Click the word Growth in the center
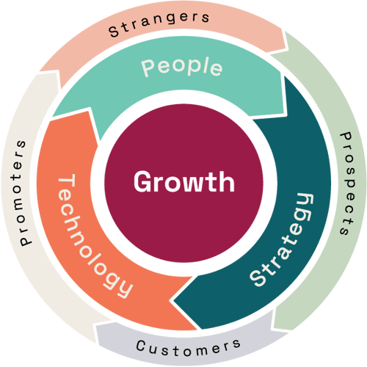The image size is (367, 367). pos(184,181)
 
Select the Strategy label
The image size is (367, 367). pos(281,239)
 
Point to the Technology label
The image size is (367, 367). pos(94,236)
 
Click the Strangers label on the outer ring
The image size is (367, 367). pos(159,23)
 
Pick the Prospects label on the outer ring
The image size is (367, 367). pos(346,183)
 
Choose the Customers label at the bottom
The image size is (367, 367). pos(189,347)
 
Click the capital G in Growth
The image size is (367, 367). pos(142,181)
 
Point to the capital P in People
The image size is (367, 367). pos(148,68)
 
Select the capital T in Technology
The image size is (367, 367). pos(66,183)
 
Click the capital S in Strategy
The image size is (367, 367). pos(258,278)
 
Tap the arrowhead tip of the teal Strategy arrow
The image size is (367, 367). pos(173,300)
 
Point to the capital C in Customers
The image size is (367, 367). pos(140,346)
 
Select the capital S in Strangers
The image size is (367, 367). pos(114,32)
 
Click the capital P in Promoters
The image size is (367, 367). pos(26,240)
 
